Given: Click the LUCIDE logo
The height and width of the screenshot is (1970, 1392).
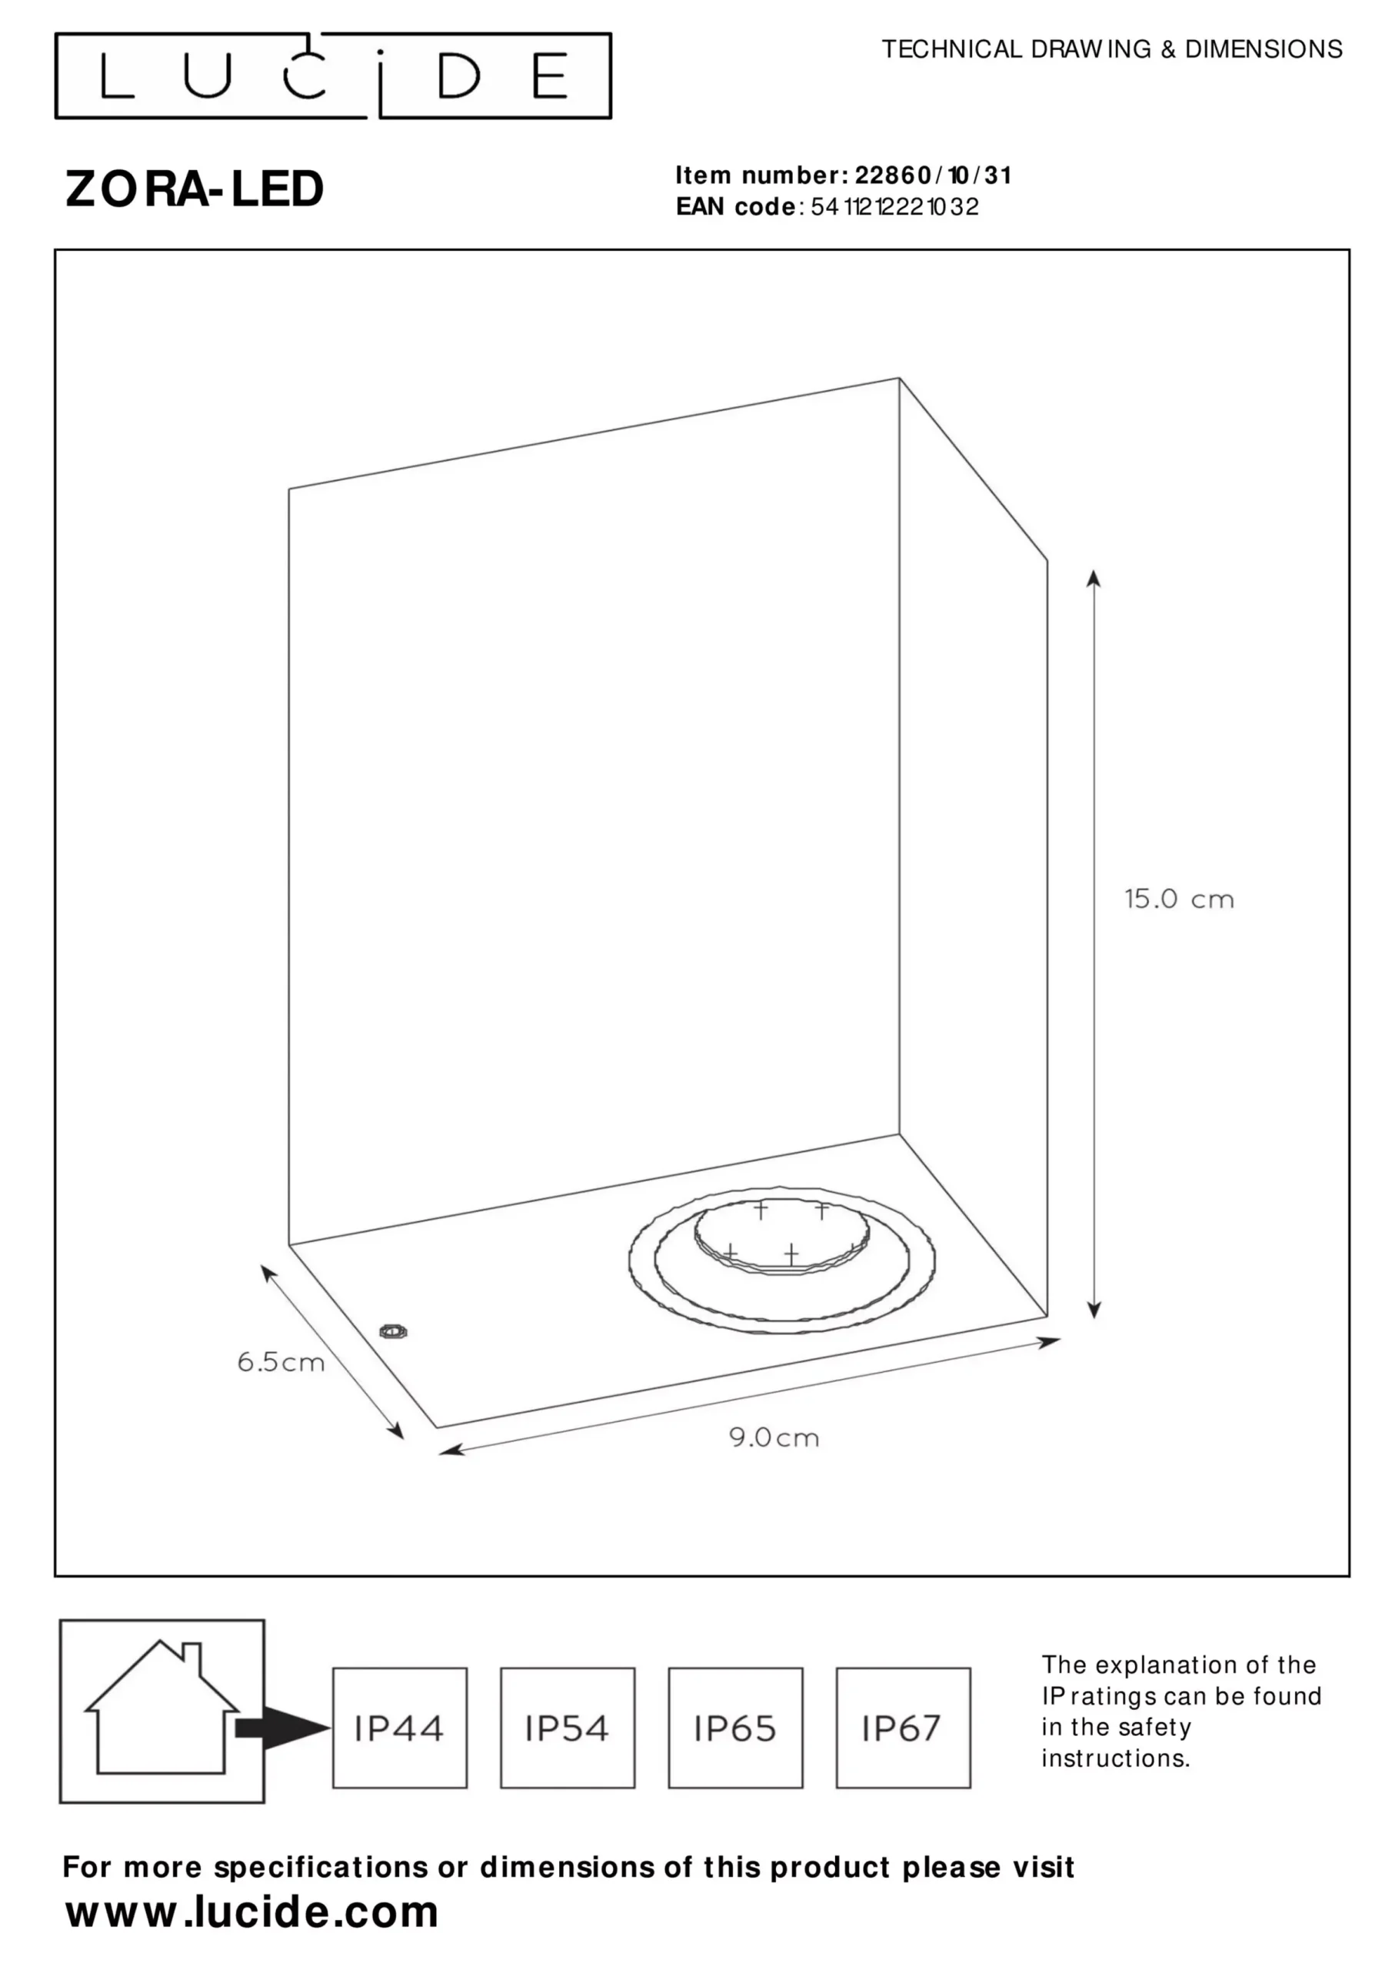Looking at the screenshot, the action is coord(333,75).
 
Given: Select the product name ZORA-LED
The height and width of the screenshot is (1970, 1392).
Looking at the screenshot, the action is coord(195,189).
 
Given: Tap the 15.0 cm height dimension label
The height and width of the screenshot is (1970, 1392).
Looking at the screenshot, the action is coord(1179,900).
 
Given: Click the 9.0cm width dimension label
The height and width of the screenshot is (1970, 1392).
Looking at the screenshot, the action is coord(774,1437).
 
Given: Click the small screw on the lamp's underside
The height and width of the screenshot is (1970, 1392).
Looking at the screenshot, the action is coord(394,1331).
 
